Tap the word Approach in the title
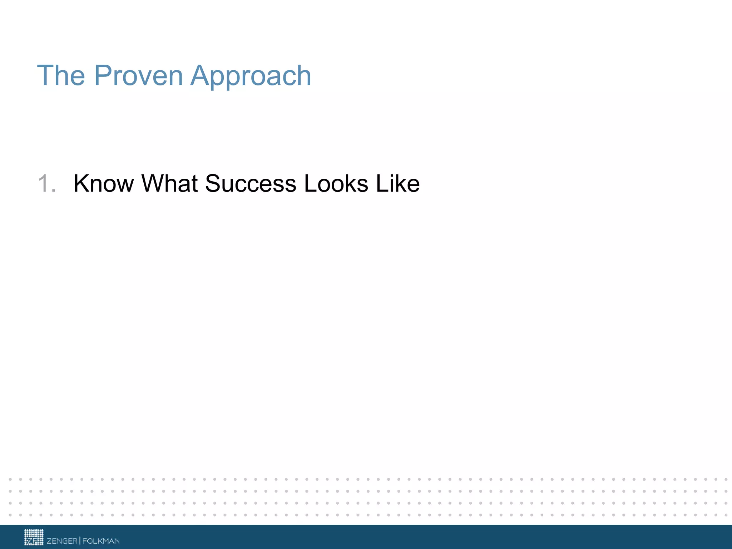[x=251, y=76]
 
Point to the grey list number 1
[x=44, y=183]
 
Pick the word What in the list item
[x=169, y=183]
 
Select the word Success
[x=251, y=183]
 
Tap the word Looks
[x=336, y=183]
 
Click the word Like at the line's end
[x=398, y=183]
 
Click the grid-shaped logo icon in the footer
[x=34, y=537]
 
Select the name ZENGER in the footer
[x=62, y=541]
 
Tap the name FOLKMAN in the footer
[x=101, y=541]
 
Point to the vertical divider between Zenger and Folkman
[x=80, y=540]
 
